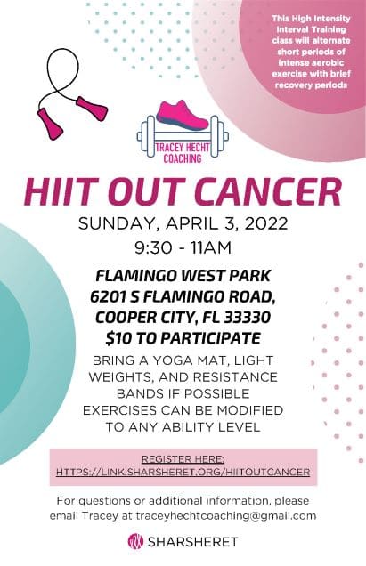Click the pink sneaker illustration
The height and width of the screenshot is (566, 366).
click(183, 116)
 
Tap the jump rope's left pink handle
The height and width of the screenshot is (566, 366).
click(50, 123)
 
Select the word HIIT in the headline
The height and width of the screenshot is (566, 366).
click(60, 191)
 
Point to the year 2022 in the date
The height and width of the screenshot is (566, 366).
click(266, 223)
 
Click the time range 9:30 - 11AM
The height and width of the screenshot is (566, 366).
click(183, 248)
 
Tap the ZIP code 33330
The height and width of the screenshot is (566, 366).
click(248, 318)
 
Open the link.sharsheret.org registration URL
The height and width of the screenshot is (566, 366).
click(183, 472)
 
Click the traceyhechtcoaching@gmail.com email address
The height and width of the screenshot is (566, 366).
click(226, 515)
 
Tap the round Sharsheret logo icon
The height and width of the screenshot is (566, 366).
click(136, 541)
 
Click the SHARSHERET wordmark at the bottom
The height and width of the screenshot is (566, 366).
click(192, 542)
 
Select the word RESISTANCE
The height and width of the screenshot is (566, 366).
click(235, 376)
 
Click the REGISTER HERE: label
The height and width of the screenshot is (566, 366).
click(183, 459)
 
